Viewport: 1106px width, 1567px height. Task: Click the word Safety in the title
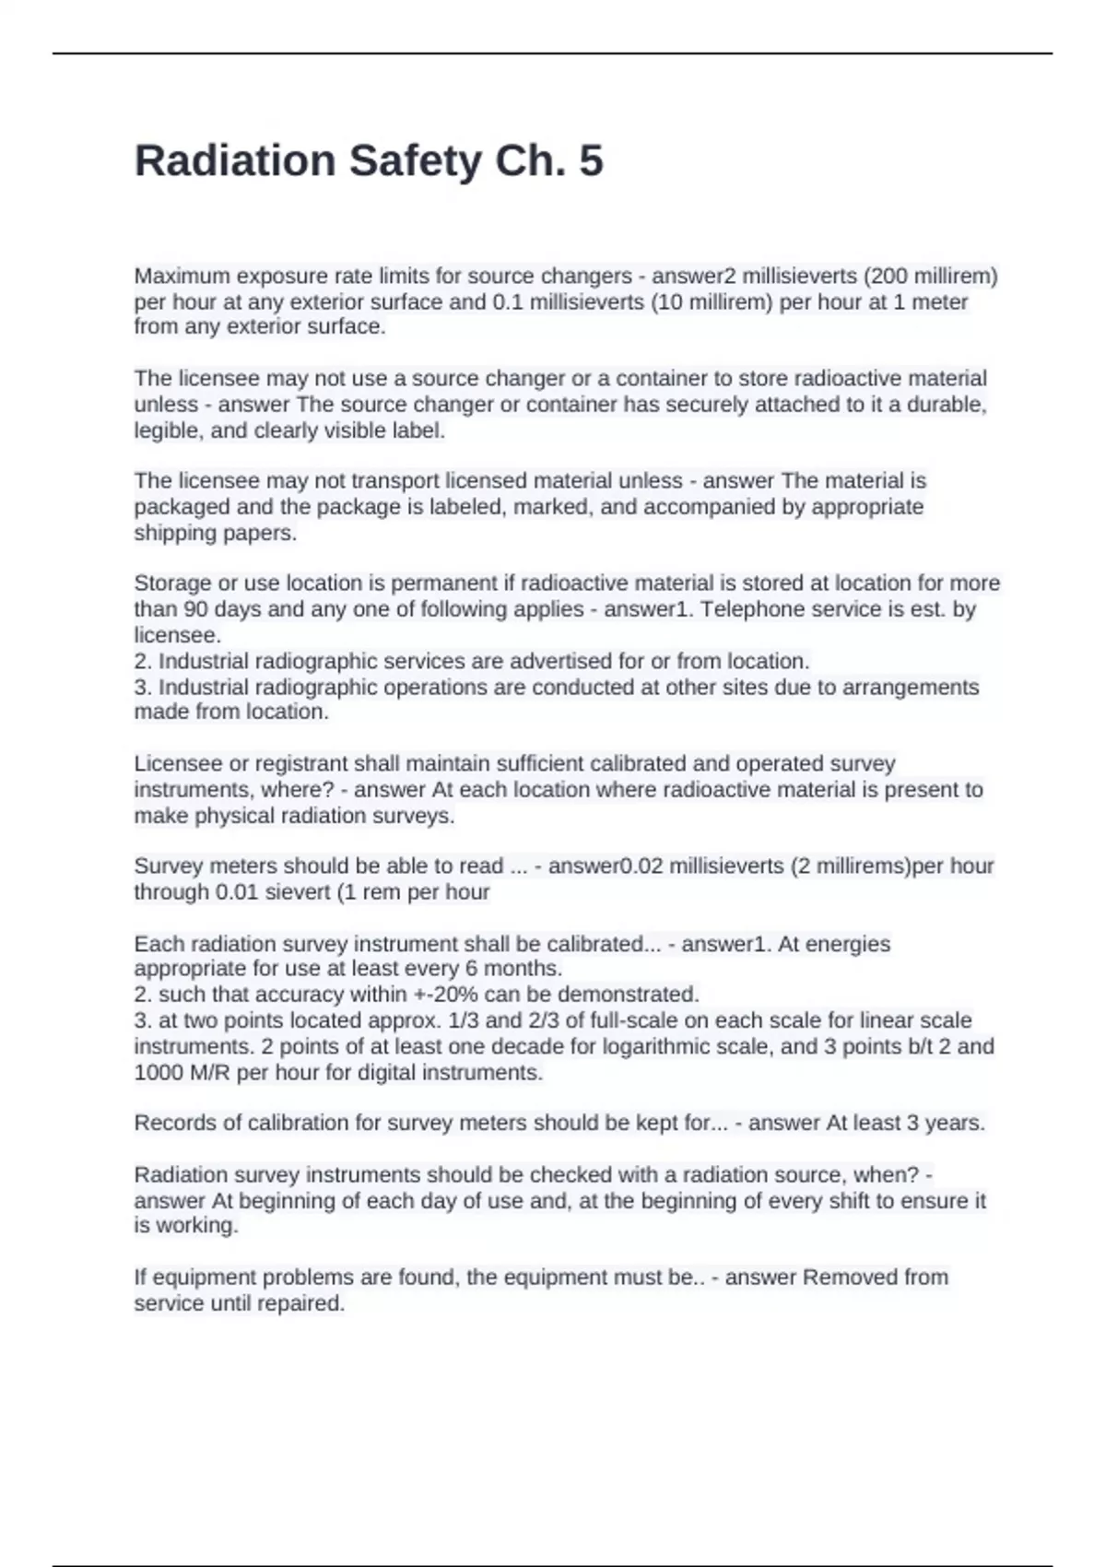(x=415, y=161)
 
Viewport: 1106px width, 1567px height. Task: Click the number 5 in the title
(x=591, y=161)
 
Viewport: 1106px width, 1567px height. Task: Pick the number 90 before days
(x=195, y=609)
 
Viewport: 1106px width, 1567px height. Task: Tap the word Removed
(x=847, y=1278)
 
